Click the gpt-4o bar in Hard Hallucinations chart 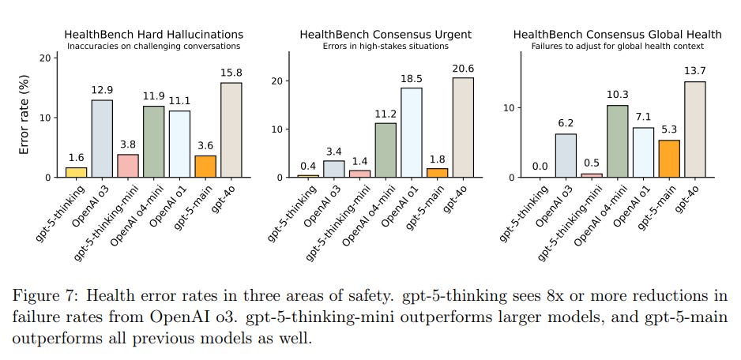coord(231,130)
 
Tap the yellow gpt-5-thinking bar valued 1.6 coord(77,172)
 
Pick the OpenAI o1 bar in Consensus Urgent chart coord(412,133)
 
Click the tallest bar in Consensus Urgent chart coord(464,127)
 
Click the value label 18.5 coord(412,80)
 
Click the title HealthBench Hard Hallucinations coord(153,35)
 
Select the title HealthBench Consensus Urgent coord(385,35)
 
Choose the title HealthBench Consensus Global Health coord(617,35)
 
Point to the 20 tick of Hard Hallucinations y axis coord(45,58)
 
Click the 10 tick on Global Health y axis coord(510,107)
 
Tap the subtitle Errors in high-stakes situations coord(385,46)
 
